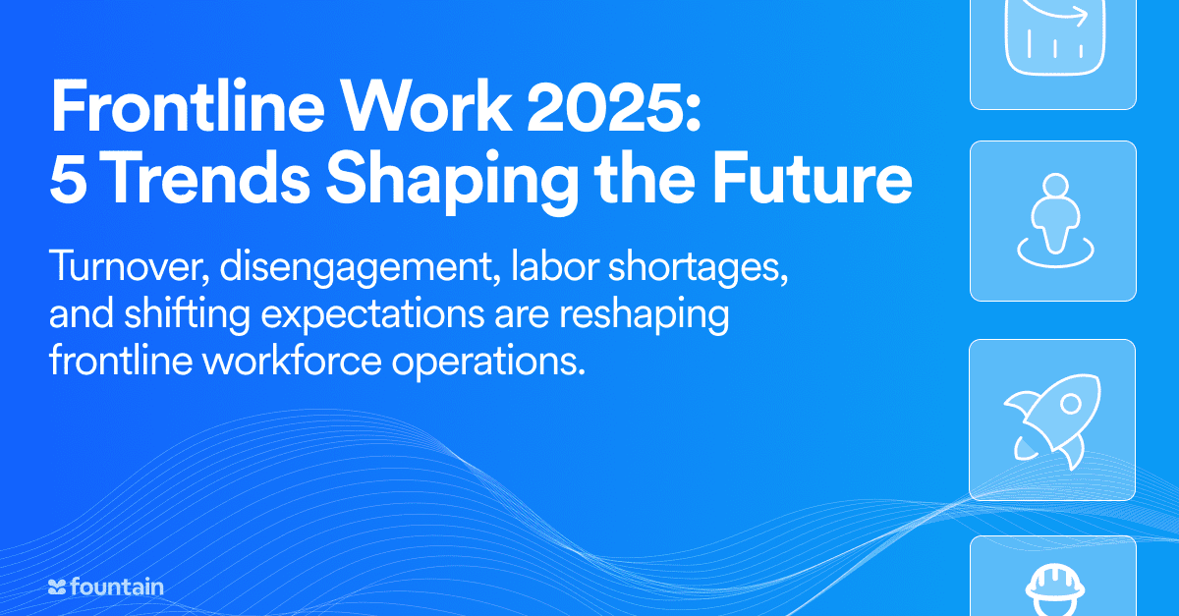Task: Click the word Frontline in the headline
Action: coord(188,105)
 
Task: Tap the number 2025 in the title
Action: coord(609,106)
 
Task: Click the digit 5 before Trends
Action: coord(68,179)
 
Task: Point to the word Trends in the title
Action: coord(208,178)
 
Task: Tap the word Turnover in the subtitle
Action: coord(129,267)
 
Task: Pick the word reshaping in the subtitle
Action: coord(644,315)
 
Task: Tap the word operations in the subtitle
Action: coord(488,363)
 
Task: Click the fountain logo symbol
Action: coord(57,588)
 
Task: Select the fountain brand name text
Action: coord(117,587)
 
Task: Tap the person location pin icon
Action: coord(1055,221)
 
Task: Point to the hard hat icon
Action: coord(1055,589)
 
